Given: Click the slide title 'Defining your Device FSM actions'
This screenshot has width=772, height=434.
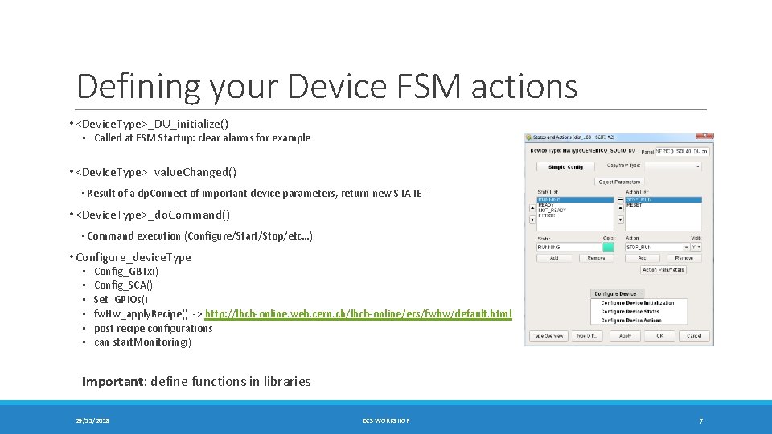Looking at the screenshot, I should (326, 86).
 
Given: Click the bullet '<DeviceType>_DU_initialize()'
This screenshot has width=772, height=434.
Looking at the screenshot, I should (152, 124).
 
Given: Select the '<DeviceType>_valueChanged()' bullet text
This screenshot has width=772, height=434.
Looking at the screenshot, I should (156, 172).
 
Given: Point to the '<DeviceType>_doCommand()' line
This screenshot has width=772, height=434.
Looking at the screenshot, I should (153, 215).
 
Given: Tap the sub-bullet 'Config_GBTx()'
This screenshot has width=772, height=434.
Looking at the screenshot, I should (126, 272).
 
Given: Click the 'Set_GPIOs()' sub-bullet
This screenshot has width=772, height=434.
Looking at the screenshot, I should (121, 300).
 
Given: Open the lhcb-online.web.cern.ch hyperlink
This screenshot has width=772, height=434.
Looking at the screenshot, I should (359, 313).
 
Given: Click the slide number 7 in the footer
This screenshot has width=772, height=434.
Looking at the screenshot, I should (700, 420).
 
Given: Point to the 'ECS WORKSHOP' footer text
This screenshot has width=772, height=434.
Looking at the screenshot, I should (386, 420).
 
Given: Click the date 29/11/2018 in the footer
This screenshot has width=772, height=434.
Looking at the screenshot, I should (93, 420).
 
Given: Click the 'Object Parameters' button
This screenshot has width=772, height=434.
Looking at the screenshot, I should (619, 182).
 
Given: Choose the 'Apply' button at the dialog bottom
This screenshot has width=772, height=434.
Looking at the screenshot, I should (625, 335).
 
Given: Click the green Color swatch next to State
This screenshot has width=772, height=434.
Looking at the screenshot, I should (608, 247).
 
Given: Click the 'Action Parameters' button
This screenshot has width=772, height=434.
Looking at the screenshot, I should (663, 270).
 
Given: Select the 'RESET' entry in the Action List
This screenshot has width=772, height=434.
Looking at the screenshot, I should (634, 205).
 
